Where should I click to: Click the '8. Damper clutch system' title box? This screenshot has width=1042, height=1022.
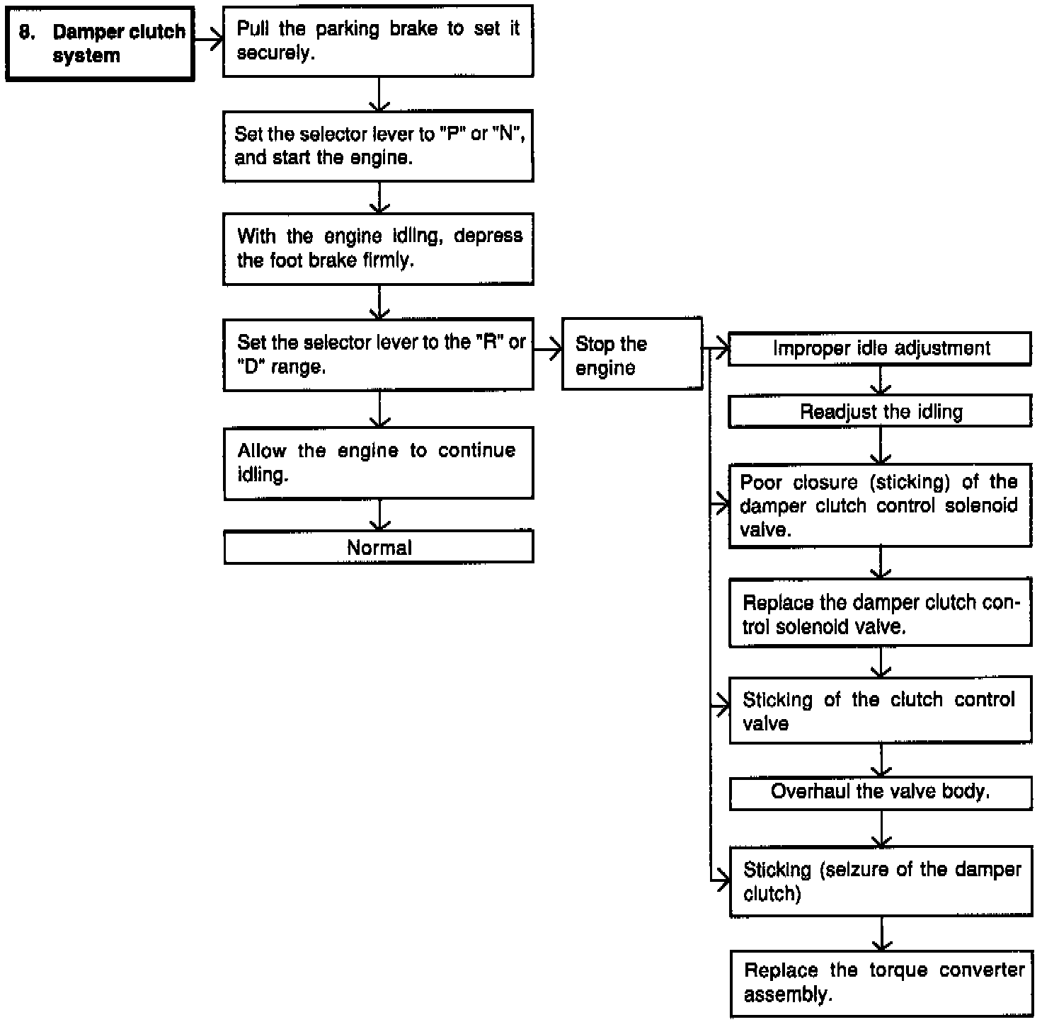click(100, 44)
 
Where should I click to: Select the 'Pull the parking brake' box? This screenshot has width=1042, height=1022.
click(378, 41)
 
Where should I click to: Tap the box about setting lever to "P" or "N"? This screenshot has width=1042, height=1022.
click(378, 146)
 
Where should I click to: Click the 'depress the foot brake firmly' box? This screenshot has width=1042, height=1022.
click(378, 248)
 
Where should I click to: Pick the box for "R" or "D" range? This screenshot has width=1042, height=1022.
click(378, 355)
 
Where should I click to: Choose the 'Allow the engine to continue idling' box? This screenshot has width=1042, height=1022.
click(378, 463)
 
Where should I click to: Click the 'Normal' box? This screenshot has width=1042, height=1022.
click(378, 547)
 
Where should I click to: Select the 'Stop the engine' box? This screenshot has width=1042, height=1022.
click(631, 355)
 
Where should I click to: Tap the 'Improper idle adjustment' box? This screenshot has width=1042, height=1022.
click(880, 348)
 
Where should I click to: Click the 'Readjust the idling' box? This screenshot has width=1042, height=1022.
click(880, 412)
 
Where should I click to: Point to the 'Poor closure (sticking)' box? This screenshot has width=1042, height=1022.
click(880, 505)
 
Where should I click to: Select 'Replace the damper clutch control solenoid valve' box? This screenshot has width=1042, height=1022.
click(880, 614)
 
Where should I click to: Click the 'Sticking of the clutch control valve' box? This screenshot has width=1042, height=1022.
click(880, 711)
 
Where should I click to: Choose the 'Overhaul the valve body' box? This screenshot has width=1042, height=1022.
click(880, 793)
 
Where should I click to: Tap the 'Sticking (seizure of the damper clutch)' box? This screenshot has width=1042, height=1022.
click(881, 881)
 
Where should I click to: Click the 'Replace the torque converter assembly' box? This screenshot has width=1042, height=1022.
click(881, 983)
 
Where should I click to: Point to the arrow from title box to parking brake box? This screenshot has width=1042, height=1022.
click(209, 40)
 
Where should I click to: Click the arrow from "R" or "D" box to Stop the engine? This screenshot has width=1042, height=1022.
click(548, 349)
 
